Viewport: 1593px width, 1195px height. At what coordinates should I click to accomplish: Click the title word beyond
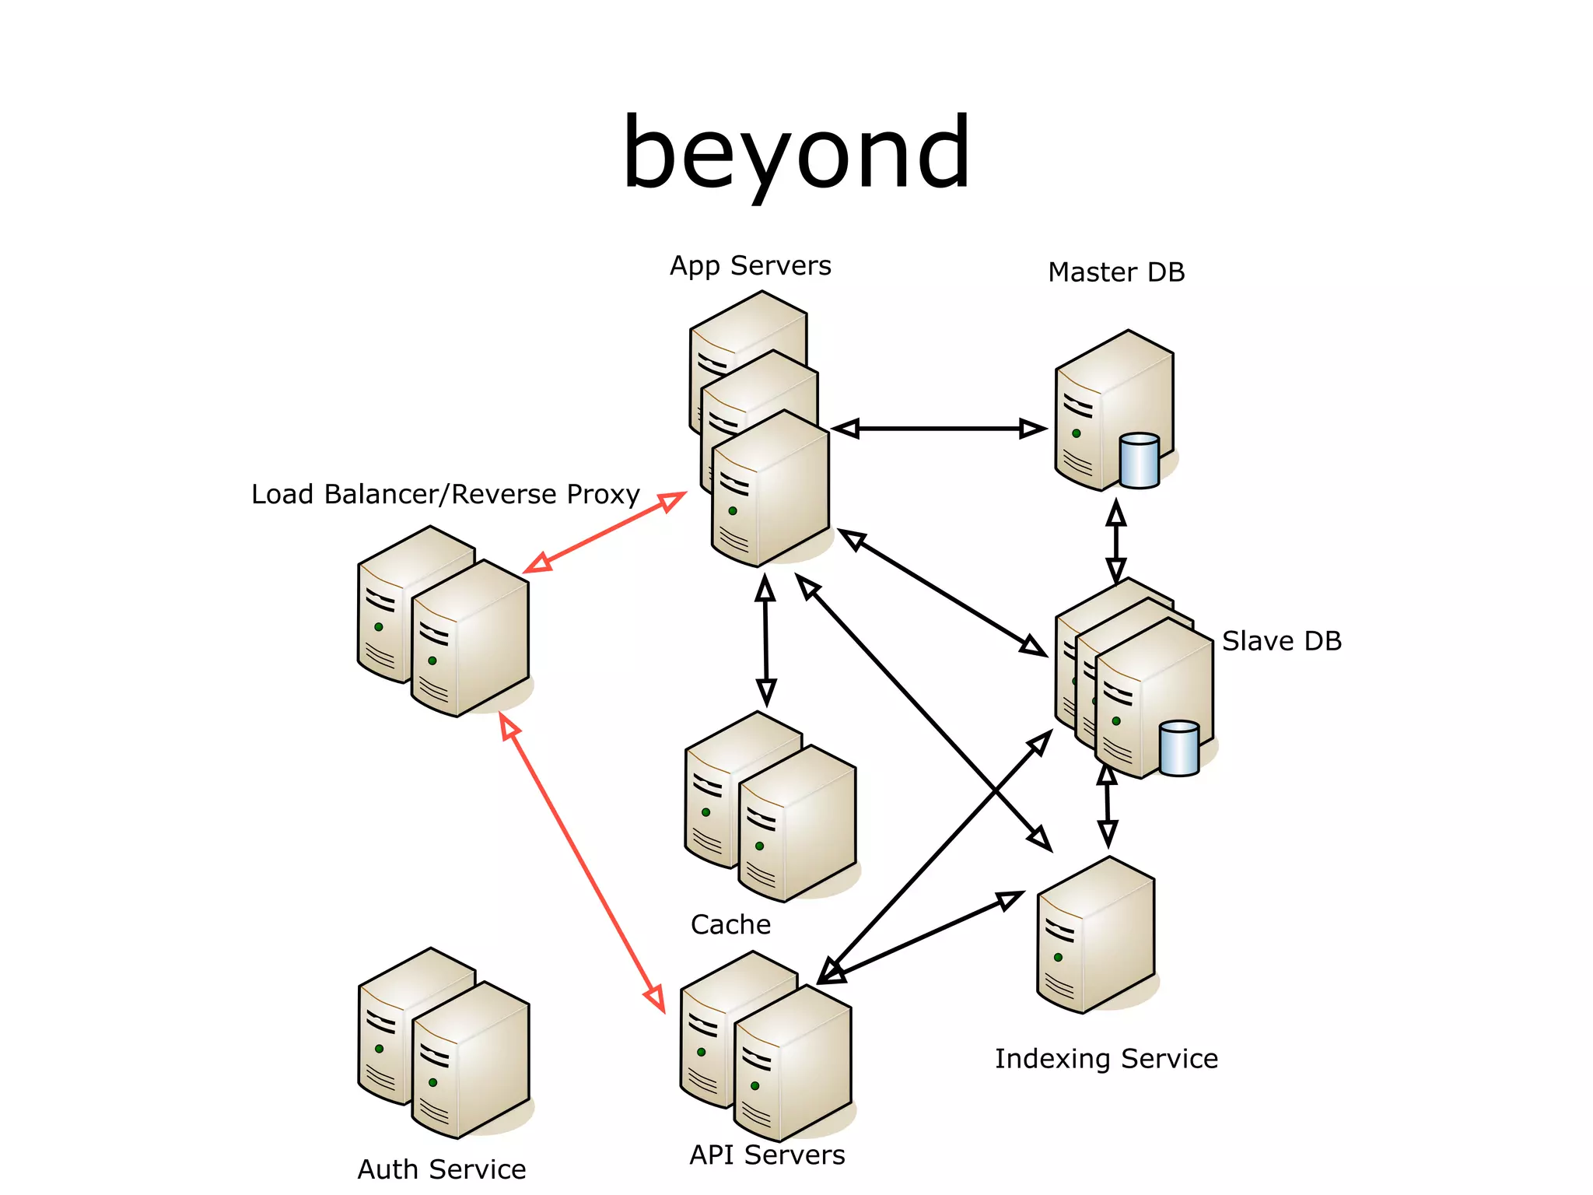(x=796, y=153)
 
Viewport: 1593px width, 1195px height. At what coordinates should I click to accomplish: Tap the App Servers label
(x=750, y=266)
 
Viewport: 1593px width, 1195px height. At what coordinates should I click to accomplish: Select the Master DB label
(x=1115, y=272)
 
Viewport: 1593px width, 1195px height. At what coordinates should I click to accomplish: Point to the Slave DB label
(x=1281, y=641)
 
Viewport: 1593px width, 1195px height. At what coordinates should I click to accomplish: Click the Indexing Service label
(x=1105, y=1059)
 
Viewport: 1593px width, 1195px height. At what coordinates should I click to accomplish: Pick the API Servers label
(x=766, y=1155)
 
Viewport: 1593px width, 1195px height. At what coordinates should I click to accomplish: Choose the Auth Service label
(x=441, y=1169)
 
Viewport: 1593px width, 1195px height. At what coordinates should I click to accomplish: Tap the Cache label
(x=730, y=924)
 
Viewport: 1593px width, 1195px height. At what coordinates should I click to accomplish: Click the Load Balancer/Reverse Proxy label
(x=445, y=495)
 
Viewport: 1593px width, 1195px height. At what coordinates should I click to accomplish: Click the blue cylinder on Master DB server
(x=1139, y=461)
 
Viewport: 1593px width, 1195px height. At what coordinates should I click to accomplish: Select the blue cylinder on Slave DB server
(x=1178, y=748)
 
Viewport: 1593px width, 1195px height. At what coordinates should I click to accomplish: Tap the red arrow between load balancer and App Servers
(x=604, y=533)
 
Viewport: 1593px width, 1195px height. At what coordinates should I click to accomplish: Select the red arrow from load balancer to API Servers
(x=582, y=862)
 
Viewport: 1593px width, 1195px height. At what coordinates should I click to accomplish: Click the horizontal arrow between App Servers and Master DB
(x=939, y=429)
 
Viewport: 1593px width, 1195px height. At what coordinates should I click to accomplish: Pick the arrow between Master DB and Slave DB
(x=1116, y=541)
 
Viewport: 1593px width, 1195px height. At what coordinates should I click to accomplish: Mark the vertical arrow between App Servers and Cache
(x=765, y=640)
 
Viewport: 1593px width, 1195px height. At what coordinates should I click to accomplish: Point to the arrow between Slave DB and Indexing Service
(x=1107, y=806)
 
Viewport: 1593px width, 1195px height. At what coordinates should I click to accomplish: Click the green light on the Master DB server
(x=1076, y=433)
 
